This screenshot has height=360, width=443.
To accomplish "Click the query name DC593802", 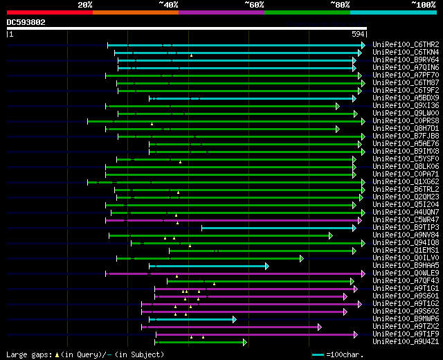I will point(26,22).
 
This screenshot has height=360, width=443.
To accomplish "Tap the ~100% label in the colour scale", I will point(423,4).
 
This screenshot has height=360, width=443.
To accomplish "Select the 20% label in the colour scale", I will point(85,4).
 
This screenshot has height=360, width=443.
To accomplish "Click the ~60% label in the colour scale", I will point(254,4).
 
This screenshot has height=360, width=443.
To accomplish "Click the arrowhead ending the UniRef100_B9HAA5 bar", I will point(266,266).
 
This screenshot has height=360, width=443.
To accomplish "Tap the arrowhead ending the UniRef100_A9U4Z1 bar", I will point(244,342).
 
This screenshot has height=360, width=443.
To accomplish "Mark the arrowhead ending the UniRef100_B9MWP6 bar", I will point(234,319).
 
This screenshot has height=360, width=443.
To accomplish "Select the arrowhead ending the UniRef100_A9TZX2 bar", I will point(319,327).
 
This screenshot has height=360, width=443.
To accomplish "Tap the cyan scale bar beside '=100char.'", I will point(318,354).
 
